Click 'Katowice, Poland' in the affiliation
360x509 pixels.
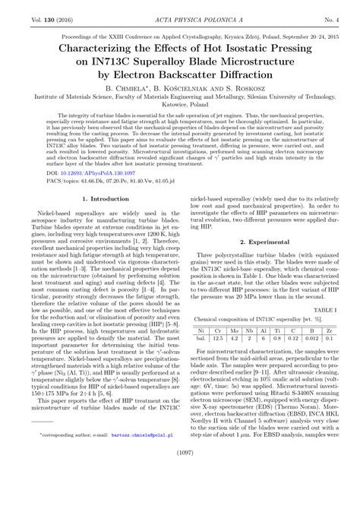coord(180,107)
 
